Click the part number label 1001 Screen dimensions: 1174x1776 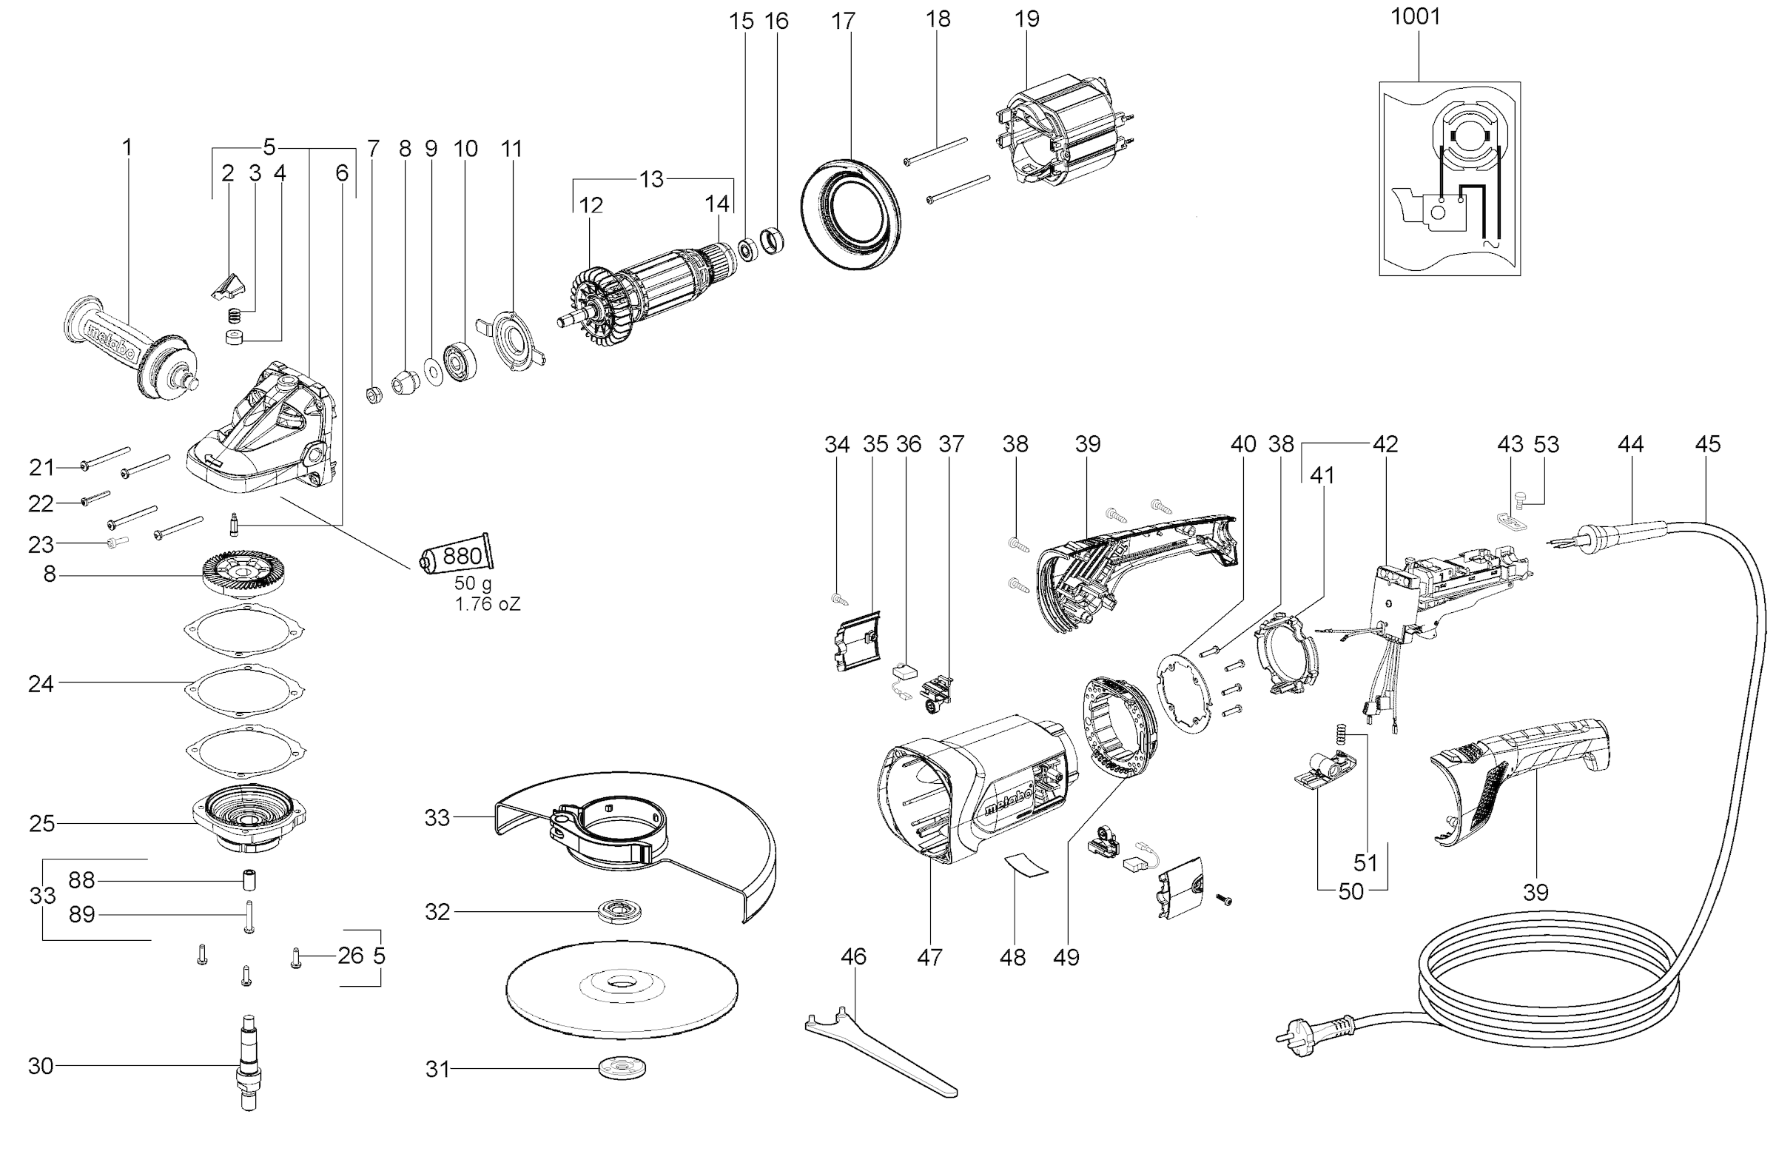click(x=1415, y=16)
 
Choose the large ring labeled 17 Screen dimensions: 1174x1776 click(x=850, y=215)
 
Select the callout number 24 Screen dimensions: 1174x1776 click(x=41, y=683)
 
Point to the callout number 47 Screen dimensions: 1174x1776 click(x=929, y=957)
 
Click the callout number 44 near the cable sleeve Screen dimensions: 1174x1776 click(x=1629, y=445)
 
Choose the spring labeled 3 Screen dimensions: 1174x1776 click(x=235, y=315)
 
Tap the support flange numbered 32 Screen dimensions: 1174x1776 click(x=620, y=912)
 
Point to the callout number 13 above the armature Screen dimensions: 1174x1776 click(x=650, y=180)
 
